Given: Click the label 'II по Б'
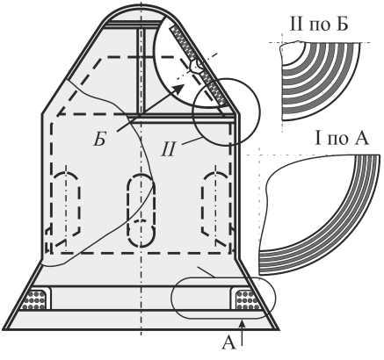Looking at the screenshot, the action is [x=319, y=24].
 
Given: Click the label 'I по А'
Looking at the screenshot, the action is [x=342, y=139].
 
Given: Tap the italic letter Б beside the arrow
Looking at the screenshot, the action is [x=99, y=140].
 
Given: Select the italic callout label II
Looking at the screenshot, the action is [x=168, y=149].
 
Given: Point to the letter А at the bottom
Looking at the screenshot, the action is [x=228, y=342].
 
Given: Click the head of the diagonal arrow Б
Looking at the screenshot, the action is [x=179, y=88].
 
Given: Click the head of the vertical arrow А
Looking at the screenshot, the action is [x=242, y=323].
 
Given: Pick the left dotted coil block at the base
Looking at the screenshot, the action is [x=34, y=299].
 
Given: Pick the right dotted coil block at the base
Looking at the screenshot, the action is [x=248, y=299].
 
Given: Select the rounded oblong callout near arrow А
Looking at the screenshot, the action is [x=222, y=277].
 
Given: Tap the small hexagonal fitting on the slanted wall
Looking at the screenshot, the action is [x=195, y=67].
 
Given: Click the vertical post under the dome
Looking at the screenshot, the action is [x=141, y=70].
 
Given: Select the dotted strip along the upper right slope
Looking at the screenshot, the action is [x=199, y=67].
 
